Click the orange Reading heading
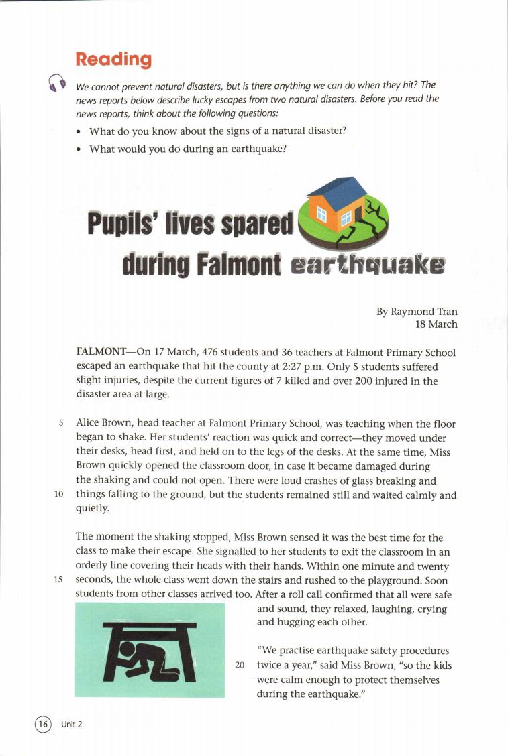(113, 60)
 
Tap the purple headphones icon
(58, 82)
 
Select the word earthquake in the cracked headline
(367, 267)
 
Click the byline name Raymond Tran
(424, 312)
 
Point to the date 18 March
(436, 324)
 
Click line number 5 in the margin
(60, 424)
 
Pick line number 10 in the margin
(58, 495)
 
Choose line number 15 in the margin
(58, 580)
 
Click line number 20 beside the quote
(240, 666)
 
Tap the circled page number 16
(43, 723)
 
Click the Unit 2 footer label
(71, 724)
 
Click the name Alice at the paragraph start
(88, 424)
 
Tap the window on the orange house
(320, 214)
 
